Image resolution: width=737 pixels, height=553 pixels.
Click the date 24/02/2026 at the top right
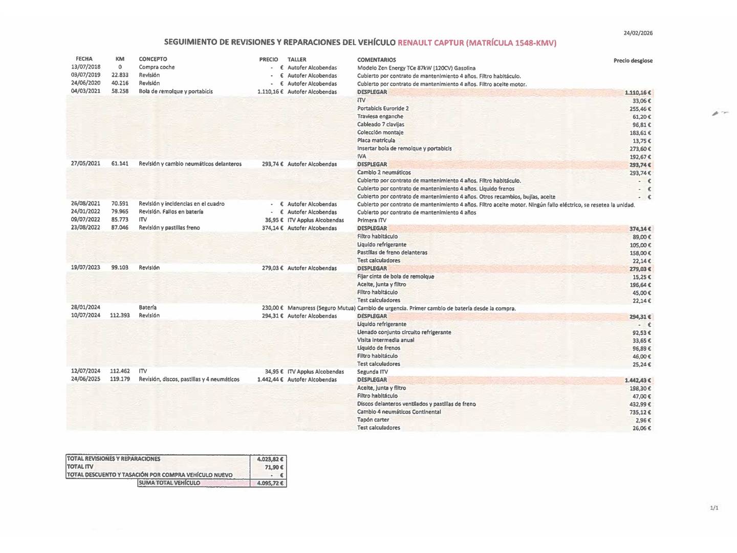point(638,33)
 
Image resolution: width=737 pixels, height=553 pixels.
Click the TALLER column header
point(297,59)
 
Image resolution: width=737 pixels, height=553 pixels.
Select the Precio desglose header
point(633,60)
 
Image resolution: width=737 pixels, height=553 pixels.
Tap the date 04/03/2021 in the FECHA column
point(85,91)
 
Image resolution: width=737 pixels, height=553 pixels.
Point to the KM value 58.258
point(120,91)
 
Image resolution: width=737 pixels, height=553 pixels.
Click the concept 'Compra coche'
point(157,67)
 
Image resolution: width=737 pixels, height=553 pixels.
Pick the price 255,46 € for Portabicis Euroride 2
point(640,109)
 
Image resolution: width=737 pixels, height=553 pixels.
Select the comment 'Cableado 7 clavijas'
point(380,124)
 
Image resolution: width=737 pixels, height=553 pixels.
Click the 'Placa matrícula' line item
point(376,140)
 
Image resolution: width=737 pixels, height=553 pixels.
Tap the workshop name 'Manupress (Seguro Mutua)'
point(321,308)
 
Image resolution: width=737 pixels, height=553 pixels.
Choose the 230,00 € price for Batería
point(272,308)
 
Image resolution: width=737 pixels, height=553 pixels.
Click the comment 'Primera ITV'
point(372,220)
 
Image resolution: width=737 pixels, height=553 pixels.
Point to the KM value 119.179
point(120,379)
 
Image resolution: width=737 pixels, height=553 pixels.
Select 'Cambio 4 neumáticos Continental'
point(399,412)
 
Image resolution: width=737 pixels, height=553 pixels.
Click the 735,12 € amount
point(640,412)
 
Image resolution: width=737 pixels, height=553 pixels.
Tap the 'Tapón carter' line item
point(373,420)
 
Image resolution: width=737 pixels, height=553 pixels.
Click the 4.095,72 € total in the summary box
point(270,483)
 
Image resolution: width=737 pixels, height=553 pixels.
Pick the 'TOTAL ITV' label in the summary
point(80,466)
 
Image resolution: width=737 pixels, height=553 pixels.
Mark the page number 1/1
point(714,508)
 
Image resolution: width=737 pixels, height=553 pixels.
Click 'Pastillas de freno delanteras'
point(392,252)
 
